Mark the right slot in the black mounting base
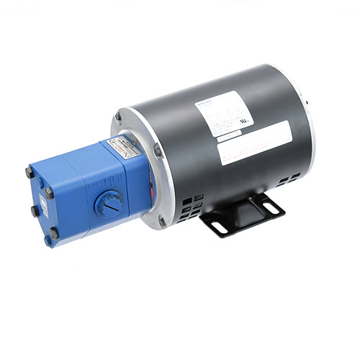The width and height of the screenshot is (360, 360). (x=269, y=207)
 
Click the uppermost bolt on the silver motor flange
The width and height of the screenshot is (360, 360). (x=117, y=117)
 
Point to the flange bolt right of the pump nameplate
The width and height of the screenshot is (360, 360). (x=158, y=151)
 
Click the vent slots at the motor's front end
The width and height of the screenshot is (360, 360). (x=190, y=205)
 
